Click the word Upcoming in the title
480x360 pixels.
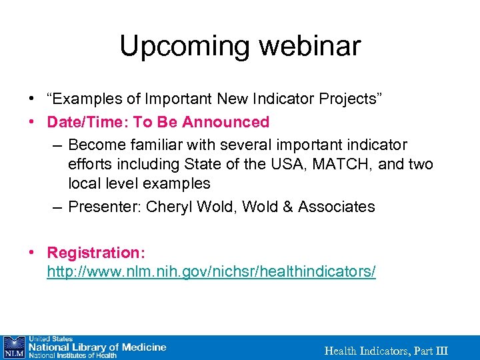click(x=184, y=46)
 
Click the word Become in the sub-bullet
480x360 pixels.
click(x=94, y=145)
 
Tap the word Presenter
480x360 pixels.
click(x=101, y=207)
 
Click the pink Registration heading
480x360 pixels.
click(x=96, y=253)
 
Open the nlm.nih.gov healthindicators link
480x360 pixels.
click(x=211, y=272)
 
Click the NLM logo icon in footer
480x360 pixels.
click(x=13, y=347)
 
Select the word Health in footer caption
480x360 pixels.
click(x=340, y=351)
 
